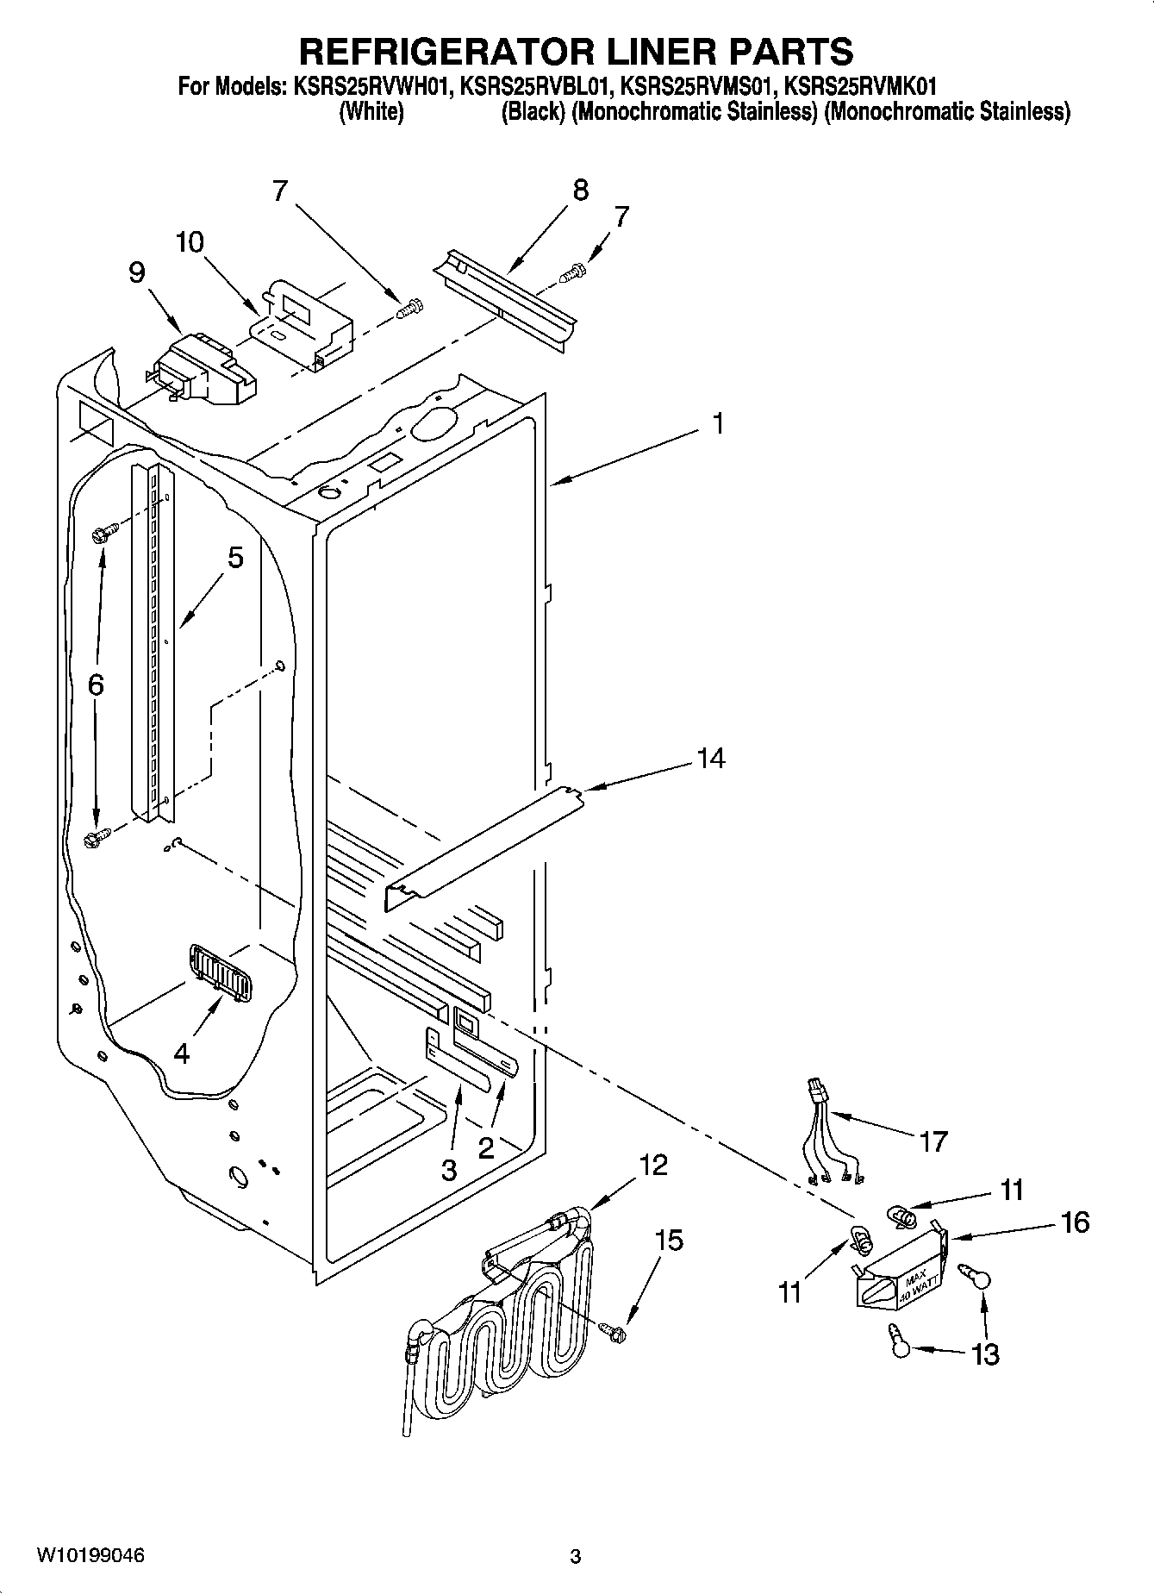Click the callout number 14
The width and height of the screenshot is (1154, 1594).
[711, 759]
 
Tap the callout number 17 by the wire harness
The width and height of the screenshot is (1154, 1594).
[933, 1141]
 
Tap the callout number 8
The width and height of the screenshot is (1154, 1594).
[580, 190]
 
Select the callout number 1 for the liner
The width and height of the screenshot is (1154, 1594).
[717, 424]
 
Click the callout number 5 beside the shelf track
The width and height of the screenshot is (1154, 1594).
[234, 558]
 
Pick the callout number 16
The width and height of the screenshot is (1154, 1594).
[1076, 1222]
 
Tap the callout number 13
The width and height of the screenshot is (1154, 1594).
[984, 1354]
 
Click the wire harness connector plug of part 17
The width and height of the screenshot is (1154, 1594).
[816, 1091]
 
